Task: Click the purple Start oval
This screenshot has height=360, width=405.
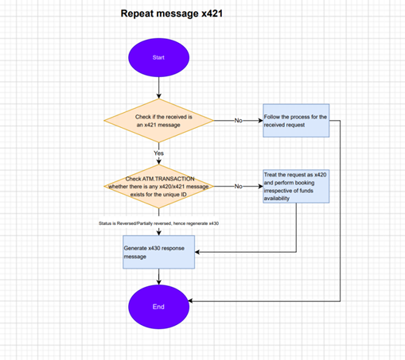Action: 158,57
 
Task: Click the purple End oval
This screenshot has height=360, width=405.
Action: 158,307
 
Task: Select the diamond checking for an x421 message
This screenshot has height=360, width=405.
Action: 158,121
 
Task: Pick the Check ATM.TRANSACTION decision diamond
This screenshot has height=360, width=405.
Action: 158,186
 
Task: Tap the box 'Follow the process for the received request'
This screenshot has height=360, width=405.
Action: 296,121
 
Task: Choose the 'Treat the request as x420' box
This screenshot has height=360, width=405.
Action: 296,186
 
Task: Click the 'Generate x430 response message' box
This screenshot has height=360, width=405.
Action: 158,252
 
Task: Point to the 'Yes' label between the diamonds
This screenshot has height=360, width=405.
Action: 158,153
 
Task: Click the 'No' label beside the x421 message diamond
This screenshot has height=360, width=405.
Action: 238,121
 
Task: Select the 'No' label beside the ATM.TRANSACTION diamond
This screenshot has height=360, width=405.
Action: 238,186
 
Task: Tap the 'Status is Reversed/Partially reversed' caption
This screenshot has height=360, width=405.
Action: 158,223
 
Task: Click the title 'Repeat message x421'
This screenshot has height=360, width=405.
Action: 172,14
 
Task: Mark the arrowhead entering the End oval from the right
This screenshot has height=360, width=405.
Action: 190,301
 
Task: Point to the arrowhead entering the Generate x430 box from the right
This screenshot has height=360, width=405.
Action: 197,252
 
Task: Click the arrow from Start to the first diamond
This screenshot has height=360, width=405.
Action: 158,88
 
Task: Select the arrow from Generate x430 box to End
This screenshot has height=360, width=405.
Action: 158,277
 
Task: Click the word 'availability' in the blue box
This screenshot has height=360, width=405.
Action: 276,199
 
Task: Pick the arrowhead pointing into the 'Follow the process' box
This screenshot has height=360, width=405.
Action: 260,121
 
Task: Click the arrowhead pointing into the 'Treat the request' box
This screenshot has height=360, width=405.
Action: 260,186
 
